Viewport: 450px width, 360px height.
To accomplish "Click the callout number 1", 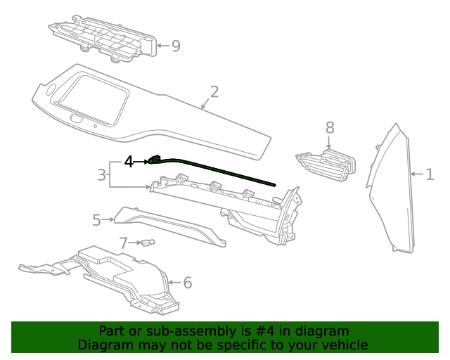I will tap(430, 174).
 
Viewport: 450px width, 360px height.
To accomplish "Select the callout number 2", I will tap(214, 92).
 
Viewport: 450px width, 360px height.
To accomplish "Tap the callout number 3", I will tap(102, 174).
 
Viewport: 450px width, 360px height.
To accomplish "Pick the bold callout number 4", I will tap(129, 162).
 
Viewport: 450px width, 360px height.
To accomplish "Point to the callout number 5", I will tap(97, 220).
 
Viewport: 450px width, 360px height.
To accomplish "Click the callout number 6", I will tap(187, 283).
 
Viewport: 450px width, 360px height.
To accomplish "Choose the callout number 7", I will tap(124, 243).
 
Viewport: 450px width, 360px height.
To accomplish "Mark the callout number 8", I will tap(330, 127).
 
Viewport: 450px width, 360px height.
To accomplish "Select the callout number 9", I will tap(175, 46).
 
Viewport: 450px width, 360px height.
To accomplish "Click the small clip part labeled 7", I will tap(146, 243).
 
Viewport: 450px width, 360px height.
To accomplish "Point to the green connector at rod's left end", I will tap(155, 160).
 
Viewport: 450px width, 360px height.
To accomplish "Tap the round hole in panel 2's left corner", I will tap(51, 89).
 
